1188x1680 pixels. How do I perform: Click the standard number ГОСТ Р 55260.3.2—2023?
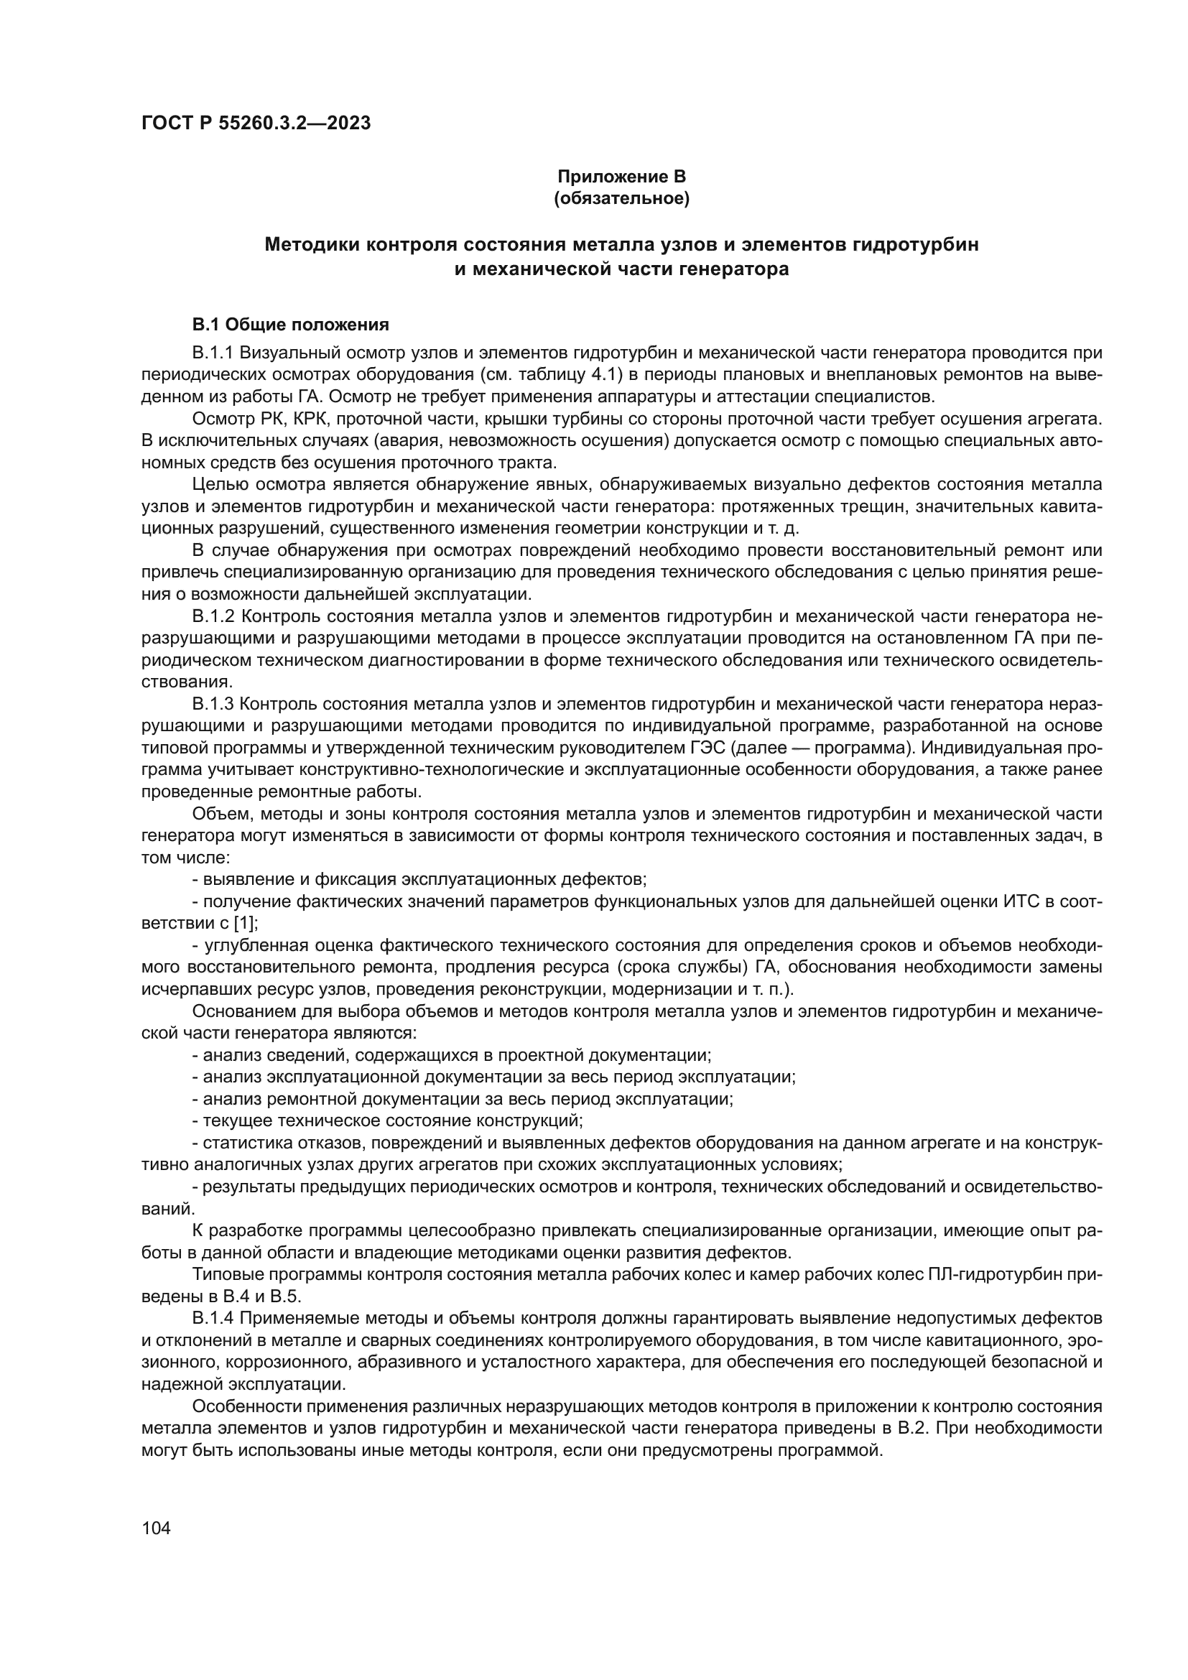pos(255,123)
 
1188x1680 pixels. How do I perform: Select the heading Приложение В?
pos(621,177)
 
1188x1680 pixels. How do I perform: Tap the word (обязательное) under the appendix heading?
pos(621,198)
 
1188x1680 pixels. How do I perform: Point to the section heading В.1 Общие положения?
pos(290,324)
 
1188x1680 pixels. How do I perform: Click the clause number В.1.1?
pos(211,353)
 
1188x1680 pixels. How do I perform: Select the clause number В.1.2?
pos(213,617)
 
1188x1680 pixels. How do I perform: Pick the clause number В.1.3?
pos(212,705)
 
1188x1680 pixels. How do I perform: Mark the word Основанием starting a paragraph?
pos(238,1012)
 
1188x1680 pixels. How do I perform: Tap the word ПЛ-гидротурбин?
pos(995,1275)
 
